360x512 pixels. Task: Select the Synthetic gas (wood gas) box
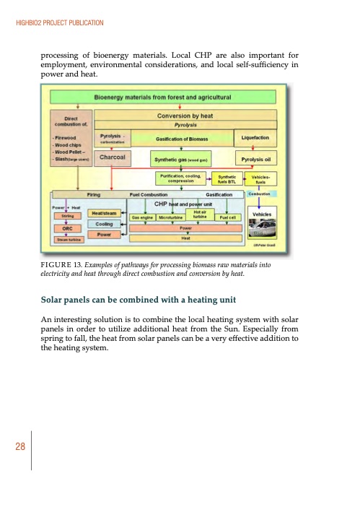(x=182, y=159)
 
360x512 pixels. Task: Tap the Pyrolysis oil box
(x=257, y=159)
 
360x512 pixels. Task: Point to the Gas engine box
(x=142, y=216)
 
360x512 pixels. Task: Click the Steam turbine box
(x=66, y=239)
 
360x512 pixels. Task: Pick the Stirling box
(x=66, y=215)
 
